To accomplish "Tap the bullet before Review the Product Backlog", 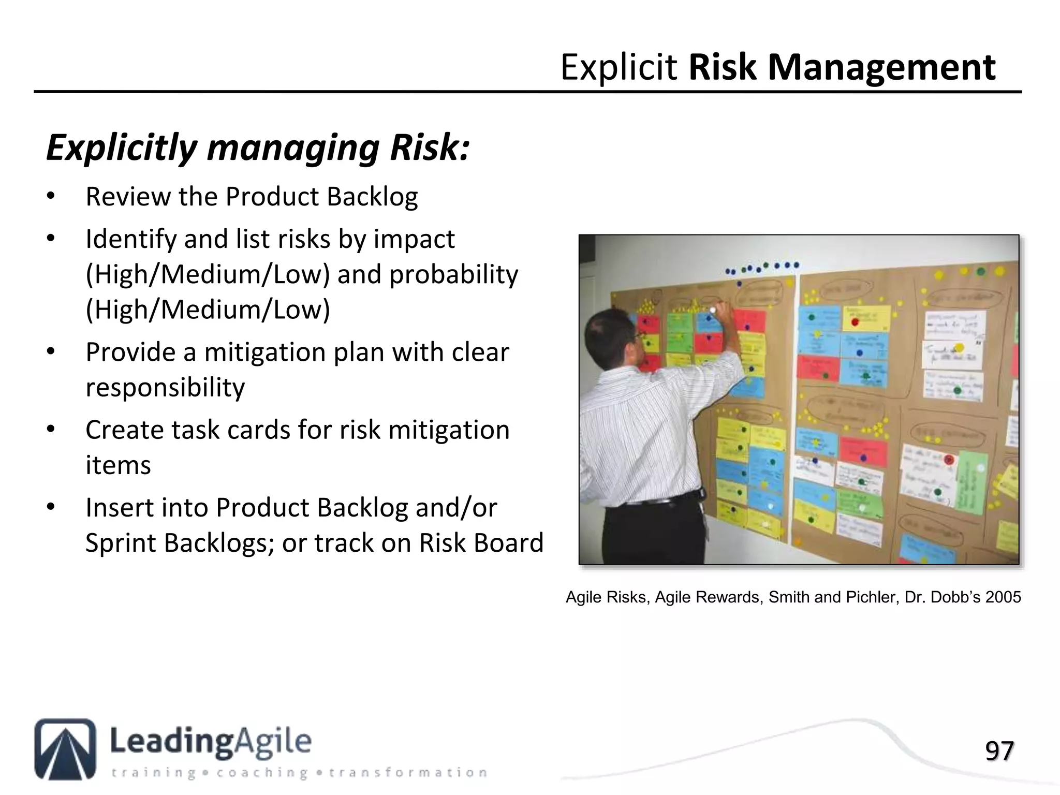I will (50, 197).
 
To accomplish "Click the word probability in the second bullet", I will (453, 274).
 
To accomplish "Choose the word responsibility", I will (165, 388).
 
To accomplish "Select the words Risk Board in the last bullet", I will (481, 543).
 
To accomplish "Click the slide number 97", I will (999, 751).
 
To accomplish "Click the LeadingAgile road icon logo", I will (65, 748).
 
